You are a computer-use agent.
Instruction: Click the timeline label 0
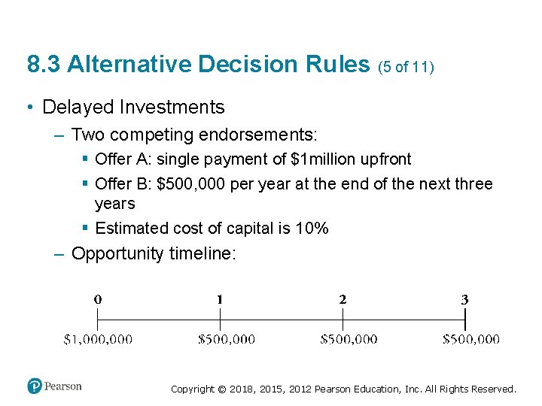(98, 298)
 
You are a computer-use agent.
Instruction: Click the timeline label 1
(219, 298)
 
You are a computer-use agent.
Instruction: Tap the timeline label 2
(343, 298)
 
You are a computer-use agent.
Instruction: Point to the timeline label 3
(464, 298)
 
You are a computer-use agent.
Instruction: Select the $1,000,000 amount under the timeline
(98, 339)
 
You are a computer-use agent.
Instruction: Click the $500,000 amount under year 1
(226, 339)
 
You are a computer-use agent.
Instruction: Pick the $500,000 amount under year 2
(349, 339)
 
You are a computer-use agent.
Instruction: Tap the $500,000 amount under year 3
(470, 339)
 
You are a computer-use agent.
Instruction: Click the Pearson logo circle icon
(35, 386)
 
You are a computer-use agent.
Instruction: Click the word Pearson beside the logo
(62, 386)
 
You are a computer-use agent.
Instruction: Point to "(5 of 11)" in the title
(406, 66)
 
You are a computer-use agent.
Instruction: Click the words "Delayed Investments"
(133, 108)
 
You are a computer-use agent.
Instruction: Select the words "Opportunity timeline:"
(154, 253)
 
